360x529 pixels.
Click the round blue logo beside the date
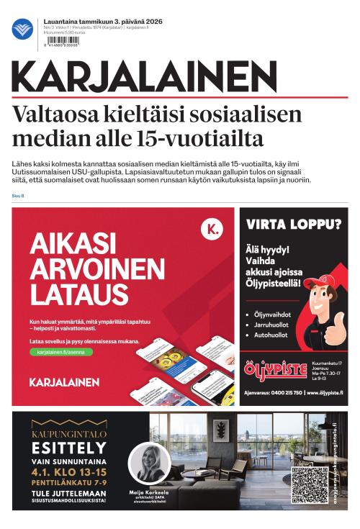click(x=22, y=30)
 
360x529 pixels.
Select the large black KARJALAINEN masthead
click(x=144, y=76)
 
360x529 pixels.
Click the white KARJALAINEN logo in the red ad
click(x=64, y=381)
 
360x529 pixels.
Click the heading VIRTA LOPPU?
click(x=294, y=224)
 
